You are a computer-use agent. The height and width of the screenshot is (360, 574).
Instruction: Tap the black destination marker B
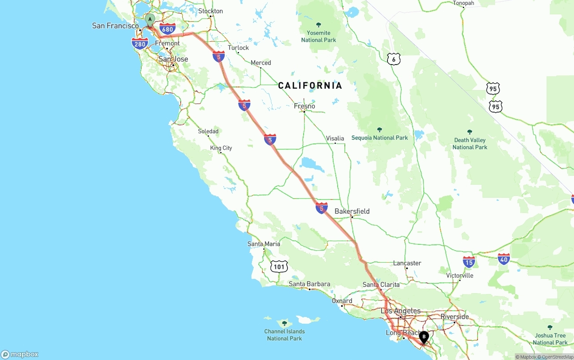pyautogui.click(x=424, y=336)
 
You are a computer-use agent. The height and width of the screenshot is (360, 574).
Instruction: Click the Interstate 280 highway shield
pyautogui.click(x=140, y=43)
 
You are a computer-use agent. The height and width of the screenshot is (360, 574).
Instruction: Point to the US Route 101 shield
pyautogui.click(x=279, y=267)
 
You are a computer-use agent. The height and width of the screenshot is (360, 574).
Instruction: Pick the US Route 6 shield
pyautogui.click(x=393, y=59)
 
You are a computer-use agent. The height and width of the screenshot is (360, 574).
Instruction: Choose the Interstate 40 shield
pyautogui.click(x=504, y=259)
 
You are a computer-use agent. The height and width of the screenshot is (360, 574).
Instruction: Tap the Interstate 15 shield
pyautogui.click(x=469, y=262)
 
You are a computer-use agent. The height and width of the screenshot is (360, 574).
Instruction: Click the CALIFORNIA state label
pyautogui.click(x=310, y=86)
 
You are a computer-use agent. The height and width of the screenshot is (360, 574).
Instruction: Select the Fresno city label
pyautogui.click(x=304, y=106)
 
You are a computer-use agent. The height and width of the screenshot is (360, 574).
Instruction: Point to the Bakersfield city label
pyautogui.click(x=352, y=211)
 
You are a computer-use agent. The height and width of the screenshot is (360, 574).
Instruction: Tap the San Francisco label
pyautogui.click(x=115, y=26)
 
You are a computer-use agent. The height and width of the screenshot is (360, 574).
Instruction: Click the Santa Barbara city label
pyautogui.click(x=309, y=284)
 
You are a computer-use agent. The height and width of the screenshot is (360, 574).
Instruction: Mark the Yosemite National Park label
pyautogui.click(x=318, y=36)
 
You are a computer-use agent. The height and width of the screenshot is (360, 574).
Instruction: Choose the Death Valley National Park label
pyautogui.click(x=470, y=143)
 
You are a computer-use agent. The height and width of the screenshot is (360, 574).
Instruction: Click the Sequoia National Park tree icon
pyautogui.click(x=379, y=130)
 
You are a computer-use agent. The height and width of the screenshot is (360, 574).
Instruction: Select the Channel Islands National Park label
pyautogui.click(x=284, y=335)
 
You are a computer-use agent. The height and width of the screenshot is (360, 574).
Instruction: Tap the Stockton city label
pyautogui.click(x=210, y=11)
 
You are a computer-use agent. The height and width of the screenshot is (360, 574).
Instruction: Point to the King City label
pyautogui.click(x=221, y=148)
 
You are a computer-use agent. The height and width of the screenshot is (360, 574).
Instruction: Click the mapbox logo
pyautogui.click(x=20, y=354)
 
